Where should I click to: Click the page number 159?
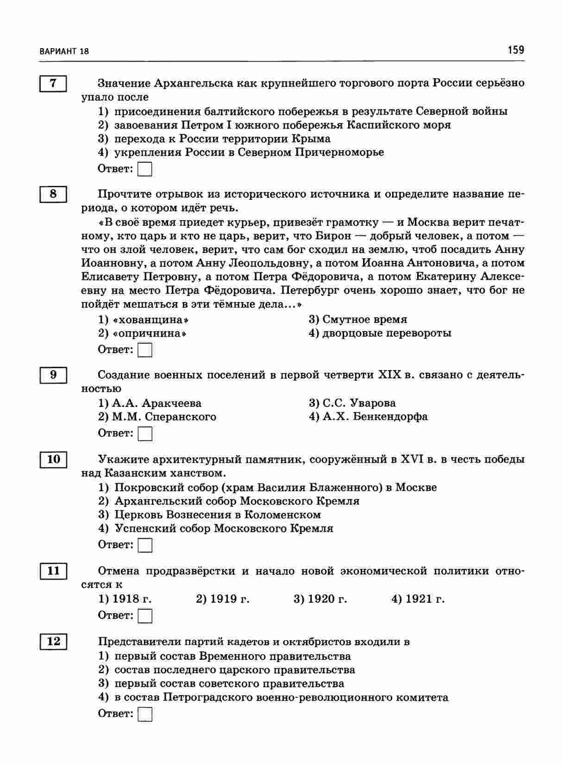515,49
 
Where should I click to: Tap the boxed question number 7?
53,83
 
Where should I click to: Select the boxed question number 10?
53,459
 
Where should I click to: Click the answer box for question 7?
145,169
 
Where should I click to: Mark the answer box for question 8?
145,350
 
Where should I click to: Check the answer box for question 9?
145,433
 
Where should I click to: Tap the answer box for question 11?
145,616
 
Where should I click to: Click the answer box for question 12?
145,714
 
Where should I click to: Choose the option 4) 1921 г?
418,599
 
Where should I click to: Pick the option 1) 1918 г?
125,599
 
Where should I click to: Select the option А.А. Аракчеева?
150,403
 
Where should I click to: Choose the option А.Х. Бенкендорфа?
369,417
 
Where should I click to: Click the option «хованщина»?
144,320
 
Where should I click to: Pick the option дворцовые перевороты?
380,333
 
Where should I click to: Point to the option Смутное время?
358,320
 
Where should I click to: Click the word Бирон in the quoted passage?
333,236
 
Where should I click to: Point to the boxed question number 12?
53,642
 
